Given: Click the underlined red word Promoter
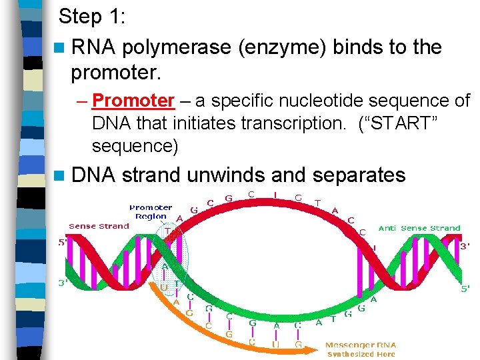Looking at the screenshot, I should point(134,101).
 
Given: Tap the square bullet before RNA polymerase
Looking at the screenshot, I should point(61,48).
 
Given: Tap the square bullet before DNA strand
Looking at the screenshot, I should point(61,175).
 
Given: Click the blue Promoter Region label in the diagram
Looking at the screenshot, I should point(151,212).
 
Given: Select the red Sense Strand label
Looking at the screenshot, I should point(99,227).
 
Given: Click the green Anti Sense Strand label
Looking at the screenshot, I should point(419,228).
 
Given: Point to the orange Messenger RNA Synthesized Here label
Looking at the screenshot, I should point(361,349).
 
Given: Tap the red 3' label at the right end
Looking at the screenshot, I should point(465,245).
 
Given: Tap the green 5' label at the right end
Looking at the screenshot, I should point(465,288).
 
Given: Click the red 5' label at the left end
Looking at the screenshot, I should point(63,243).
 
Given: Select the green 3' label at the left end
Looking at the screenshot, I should point(63,283).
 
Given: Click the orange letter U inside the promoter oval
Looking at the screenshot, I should point(165,287).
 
